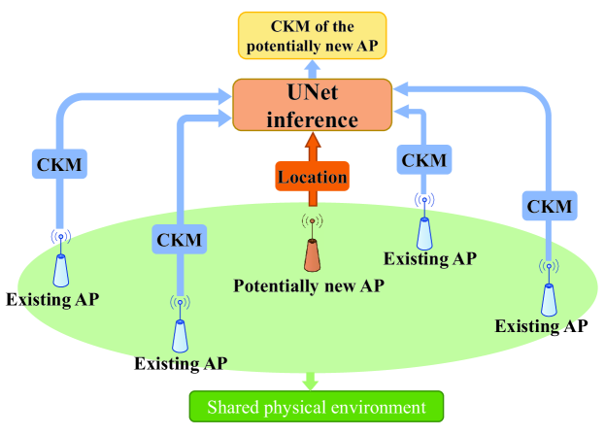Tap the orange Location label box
point(312,178)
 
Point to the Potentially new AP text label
point(310,285)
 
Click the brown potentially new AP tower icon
point(312,254)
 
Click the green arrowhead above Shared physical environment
point(312,385)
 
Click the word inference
point(312,119)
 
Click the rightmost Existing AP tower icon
point(549,295)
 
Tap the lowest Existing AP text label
point(183,364)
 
